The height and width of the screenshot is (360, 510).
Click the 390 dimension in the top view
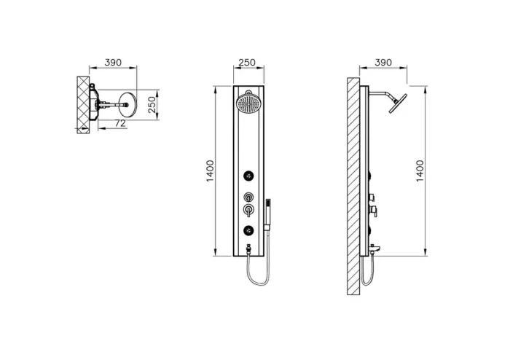(113, 63)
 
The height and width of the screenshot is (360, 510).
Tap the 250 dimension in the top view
(152, 105)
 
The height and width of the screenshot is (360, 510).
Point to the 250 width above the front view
(247, 63)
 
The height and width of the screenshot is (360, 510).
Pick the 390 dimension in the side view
(383, 63)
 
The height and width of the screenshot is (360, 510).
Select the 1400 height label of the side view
(420, 171)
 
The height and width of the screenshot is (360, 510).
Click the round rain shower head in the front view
(248, 102)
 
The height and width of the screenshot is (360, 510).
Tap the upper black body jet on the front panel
(248, 175)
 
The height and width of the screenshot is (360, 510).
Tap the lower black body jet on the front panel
(248, 231)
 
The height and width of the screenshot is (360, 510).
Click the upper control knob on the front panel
(248, 197)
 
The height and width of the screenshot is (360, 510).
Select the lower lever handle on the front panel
(248, 211)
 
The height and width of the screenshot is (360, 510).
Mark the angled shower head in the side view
(396, 102)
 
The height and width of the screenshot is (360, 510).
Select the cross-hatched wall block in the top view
(82, 103)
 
